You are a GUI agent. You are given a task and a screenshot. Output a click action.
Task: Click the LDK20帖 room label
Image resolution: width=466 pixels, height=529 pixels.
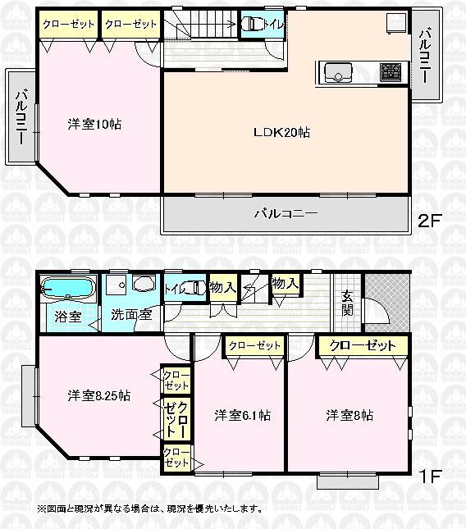tap(281, 132)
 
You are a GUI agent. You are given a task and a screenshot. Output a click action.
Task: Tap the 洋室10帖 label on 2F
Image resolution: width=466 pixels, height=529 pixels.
tap(94, 125)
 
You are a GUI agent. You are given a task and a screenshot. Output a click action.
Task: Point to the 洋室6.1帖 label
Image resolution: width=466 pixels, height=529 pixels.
tap(242, 416)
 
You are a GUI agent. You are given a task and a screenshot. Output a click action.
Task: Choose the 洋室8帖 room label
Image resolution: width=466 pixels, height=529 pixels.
tap(349, 416)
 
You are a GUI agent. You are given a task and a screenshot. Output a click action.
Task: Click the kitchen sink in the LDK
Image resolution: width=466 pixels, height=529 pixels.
tap(336, 74)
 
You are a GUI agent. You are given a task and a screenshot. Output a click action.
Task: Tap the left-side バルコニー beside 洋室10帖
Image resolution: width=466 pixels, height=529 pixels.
tap(20, 116)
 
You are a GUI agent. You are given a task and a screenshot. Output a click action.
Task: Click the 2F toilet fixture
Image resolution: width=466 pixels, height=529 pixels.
tap(253, 25)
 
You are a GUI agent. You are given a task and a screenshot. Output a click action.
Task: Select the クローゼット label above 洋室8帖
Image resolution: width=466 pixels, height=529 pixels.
tap(357, 345)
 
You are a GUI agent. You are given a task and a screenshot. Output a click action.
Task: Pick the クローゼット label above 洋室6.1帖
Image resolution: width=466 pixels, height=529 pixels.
tap(253, 346)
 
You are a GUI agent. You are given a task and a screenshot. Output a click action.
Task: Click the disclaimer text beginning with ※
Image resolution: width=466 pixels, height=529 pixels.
tap(150, 508)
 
